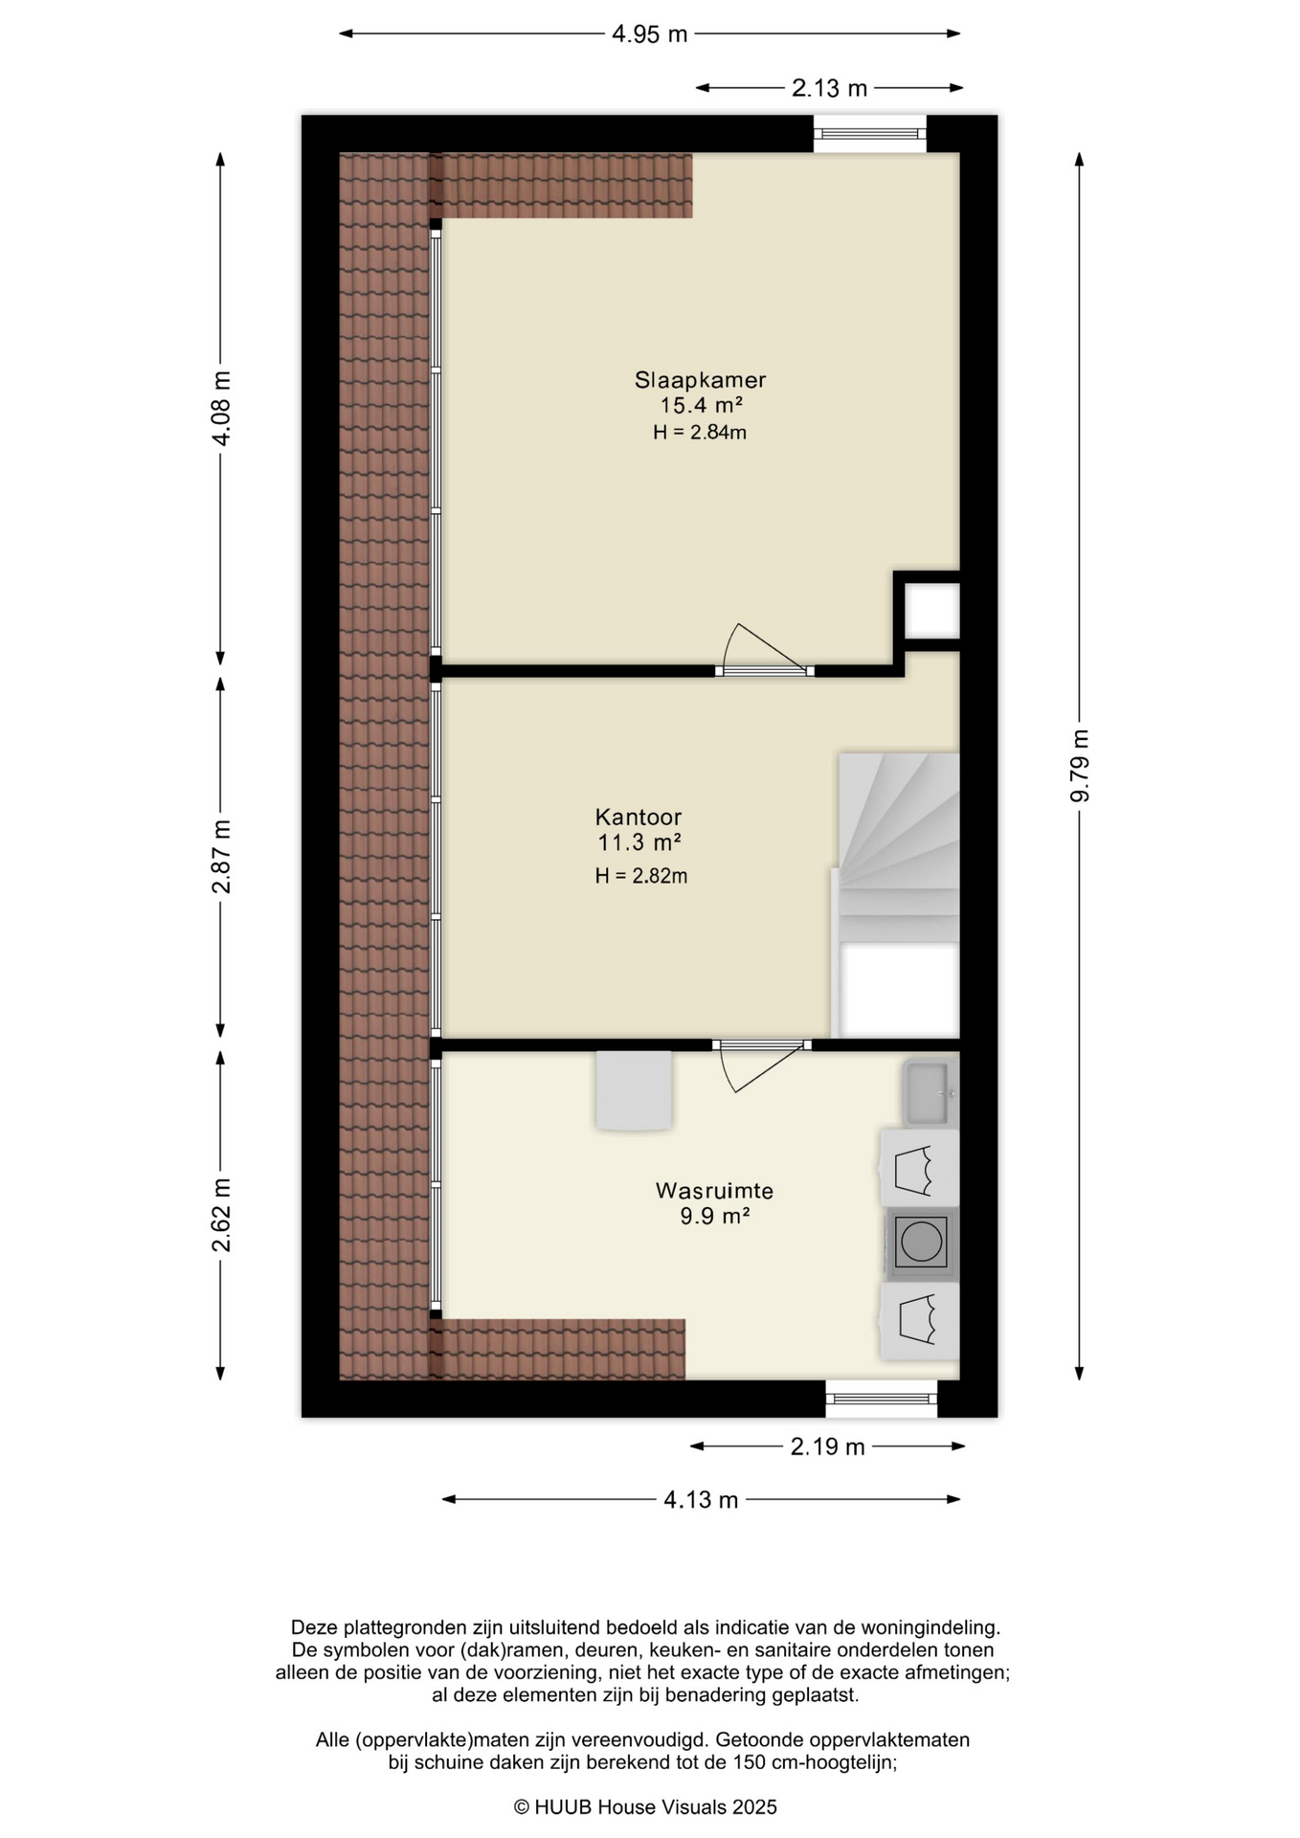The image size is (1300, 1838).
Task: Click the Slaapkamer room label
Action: [x=700, y=380]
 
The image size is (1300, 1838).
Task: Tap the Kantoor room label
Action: [x=639, y=818]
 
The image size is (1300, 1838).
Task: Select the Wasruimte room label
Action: [x=714, y=1191]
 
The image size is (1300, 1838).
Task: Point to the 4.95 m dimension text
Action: [x=650, y=34]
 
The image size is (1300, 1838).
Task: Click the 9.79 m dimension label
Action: [x=1080, y=766]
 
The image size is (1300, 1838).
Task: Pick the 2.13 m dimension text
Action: [x=829, y=88]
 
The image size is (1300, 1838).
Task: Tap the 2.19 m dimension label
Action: [x=828, y=1446]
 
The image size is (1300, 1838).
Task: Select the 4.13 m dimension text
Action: [x=702, y=1500]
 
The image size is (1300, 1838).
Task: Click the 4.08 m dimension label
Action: [x=221, y=408]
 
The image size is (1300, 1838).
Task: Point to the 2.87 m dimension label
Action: [x=221, y=857]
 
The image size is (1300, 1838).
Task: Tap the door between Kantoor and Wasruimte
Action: [x=761, y=1064]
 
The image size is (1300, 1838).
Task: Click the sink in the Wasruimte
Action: [x=930, y=1092]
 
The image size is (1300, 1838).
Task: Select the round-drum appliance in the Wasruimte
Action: [x=921, y=1244]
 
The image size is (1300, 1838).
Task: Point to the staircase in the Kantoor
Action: [x=898, y=895]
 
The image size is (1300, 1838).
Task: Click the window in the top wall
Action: [x=870, y=133]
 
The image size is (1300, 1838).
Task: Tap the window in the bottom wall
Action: [x=882, y=1399]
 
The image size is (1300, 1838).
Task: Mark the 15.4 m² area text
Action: [x=702, y=406]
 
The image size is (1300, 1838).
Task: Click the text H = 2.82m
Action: [x=641, y=876]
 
